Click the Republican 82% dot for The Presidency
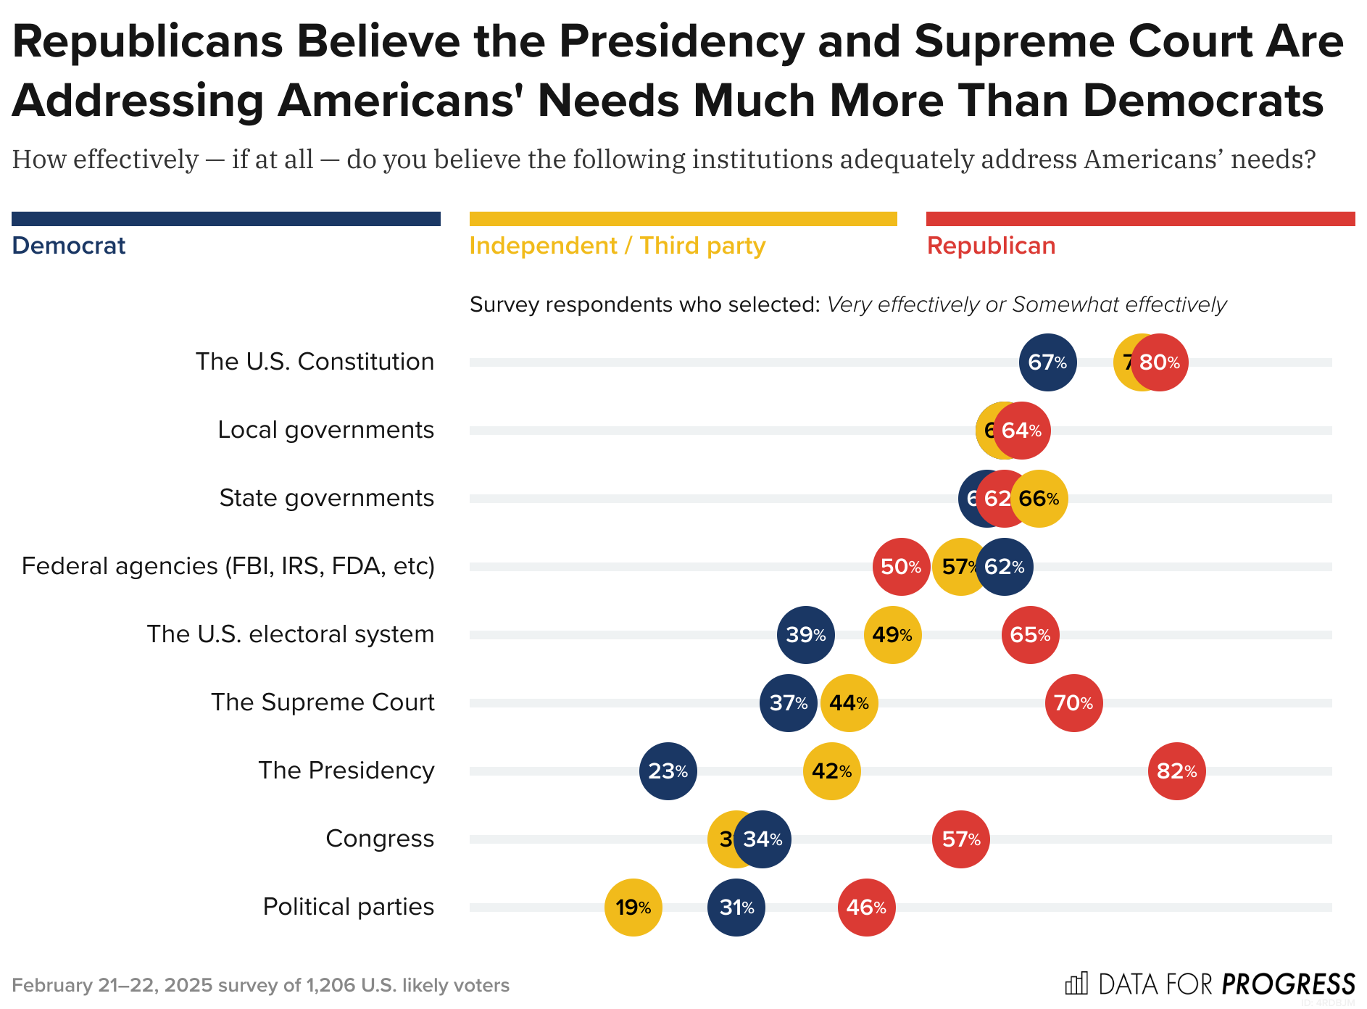pos(1176,771)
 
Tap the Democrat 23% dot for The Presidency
pos(668,771)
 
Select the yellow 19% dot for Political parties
pos(633,908)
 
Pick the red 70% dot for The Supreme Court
pos(1073,703)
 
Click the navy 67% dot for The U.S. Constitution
pos(1047,362)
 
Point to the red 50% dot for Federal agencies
pos(901,567)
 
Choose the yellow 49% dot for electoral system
pos(892,635)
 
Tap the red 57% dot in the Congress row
pos(960,839)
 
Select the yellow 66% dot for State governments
pos(1039,499)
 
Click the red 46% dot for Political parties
pos(866,908)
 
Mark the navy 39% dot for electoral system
pos(805,635)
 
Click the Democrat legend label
pos(69,246)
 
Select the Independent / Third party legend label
pos(617,246)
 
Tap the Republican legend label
pos(991,246)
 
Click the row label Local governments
pos(325,430)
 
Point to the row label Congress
pos(380,839)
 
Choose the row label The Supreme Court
pos(323,702)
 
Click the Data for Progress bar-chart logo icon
pos(1076,984)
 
